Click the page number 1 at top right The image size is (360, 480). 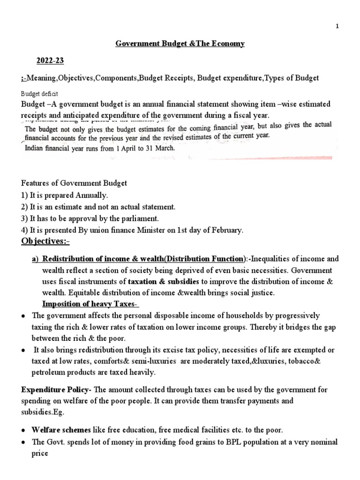350,26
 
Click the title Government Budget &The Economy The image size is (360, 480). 180,44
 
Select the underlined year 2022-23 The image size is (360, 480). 49,61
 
